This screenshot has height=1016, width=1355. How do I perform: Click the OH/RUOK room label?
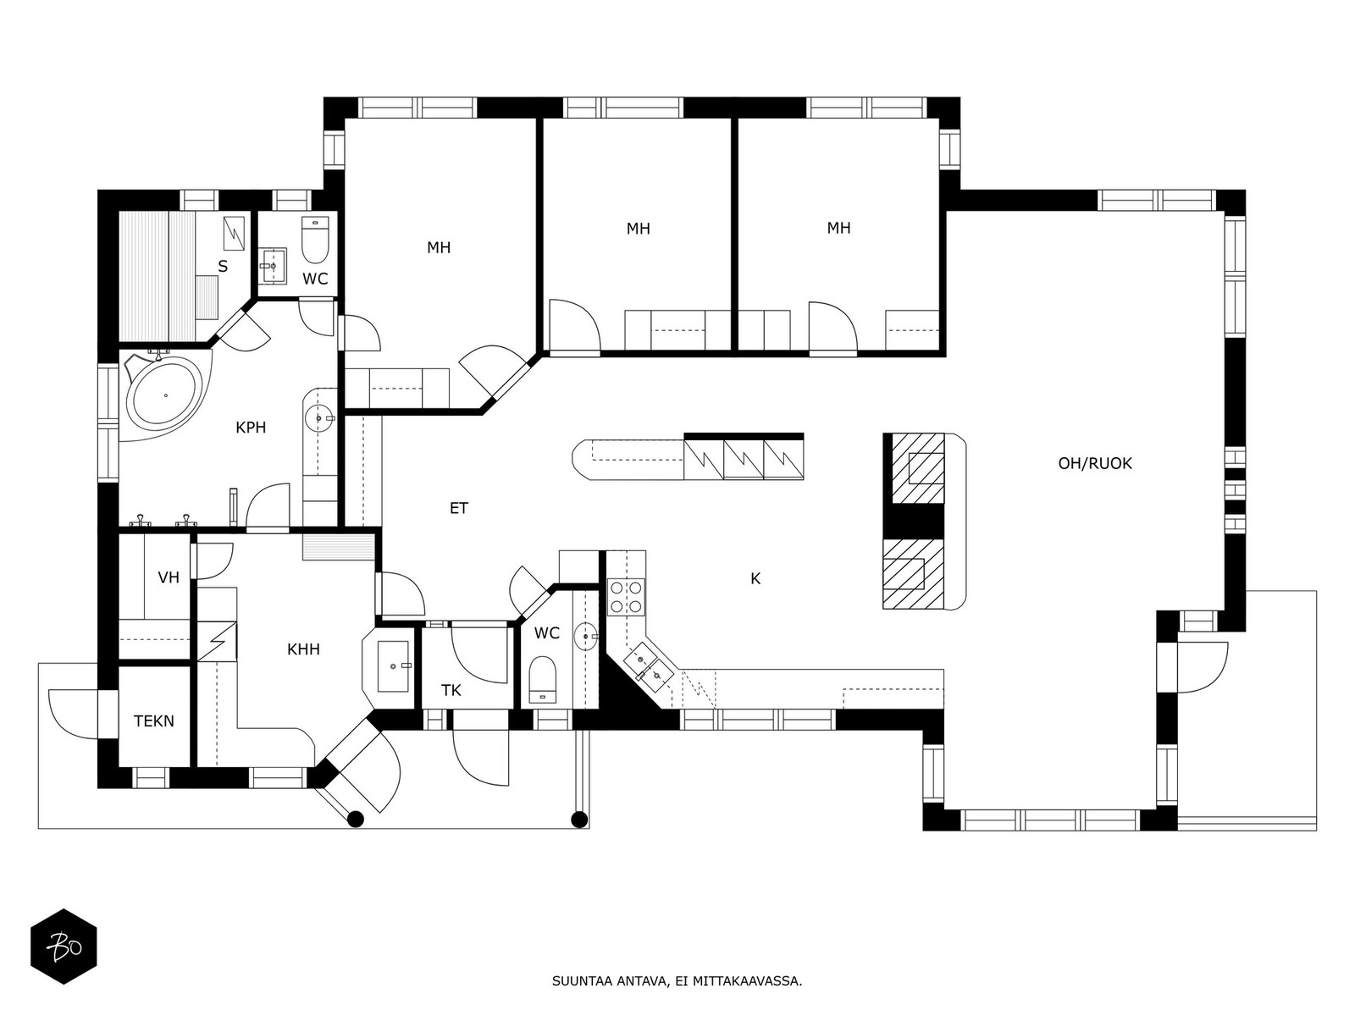[1094, 463]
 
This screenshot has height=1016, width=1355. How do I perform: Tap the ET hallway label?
[458, 508]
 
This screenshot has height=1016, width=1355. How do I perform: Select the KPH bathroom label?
[251, 428]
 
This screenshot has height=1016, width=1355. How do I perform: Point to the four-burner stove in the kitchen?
[627, 595]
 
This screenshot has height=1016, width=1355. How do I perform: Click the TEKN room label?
[154, 721]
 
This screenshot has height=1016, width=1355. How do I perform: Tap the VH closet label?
[169, 577]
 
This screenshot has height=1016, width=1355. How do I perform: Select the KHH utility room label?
[303, 649]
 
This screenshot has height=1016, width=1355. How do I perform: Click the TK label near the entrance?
[451, 690]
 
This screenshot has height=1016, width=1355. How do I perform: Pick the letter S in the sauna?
[223, 267]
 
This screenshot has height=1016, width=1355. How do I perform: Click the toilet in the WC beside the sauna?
[314, 240]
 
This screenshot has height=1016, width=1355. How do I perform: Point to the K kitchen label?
[755, 579]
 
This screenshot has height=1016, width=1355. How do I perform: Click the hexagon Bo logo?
[64, 946]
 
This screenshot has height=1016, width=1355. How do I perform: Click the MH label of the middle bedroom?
[638, 229]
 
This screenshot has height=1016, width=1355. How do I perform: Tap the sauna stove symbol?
[234, 232]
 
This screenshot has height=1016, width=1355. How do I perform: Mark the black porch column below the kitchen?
[579, 819]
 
